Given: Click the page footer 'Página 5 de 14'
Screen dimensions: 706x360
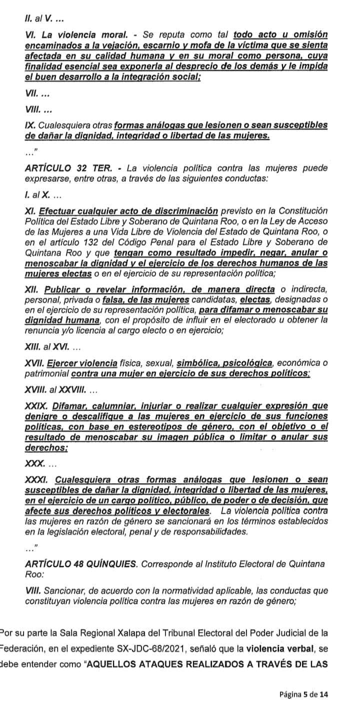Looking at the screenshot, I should [x=303, y=694].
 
